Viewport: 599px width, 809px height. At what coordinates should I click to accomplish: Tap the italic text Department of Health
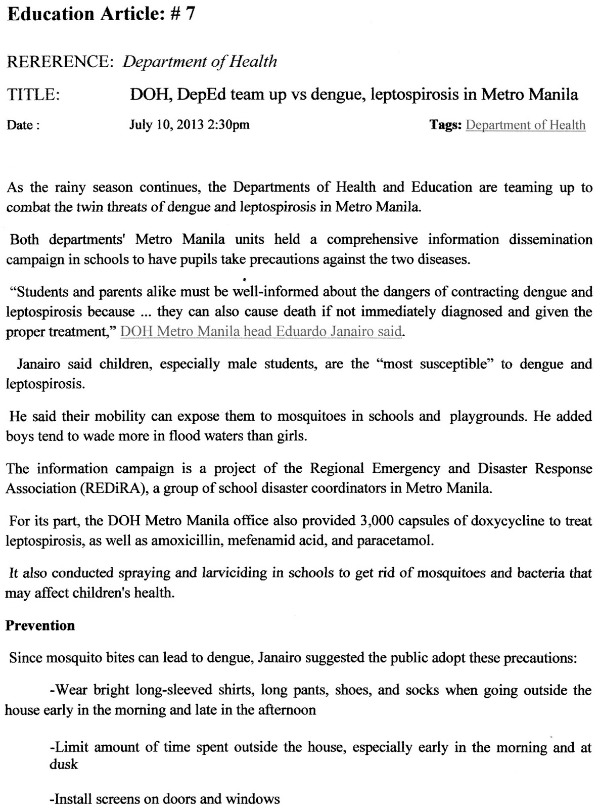point(200,62)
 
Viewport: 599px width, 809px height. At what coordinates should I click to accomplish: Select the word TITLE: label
point(33,95)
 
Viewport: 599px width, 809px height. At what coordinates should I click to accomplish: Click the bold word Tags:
point(445,125)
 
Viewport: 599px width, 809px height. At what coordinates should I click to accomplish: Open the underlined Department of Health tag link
point(525,125)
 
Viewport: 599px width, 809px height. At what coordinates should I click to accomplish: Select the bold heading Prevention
point(40,625)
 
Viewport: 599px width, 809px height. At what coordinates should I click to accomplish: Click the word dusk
point(64,764)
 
